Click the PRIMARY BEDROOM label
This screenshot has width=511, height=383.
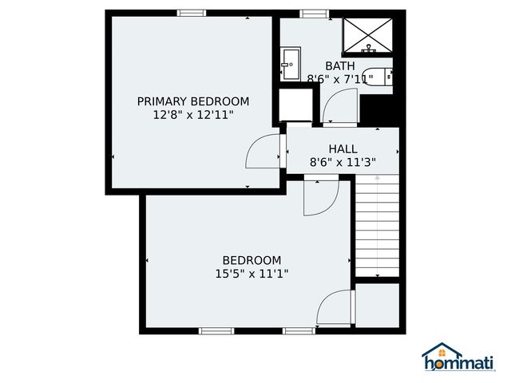[x=192, y=101]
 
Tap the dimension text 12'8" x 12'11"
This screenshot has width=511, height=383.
[x=192, y=115]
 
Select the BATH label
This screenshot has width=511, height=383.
[x=340, y=65]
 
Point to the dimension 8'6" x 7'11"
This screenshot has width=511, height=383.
[x=341, y=78]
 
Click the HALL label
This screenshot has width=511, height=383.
[x=343, y=148]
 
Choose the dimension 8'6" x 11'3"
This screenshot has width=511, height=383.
[x=343, y=162]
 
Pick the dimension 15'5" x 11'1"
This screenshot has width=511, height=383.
[x=252, y=274]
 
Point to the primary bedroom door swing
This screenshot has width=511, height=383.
[x=264, y=152]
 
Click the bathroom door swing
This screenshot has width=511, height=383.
[x=341, y=107]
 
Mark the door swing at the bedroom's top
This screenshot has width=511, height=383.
[x=322, y=197]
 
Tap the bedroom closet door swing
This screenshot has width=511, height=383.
[x=335, y=307]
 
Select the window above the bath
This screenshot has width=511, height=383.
[x=314, y=12]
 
